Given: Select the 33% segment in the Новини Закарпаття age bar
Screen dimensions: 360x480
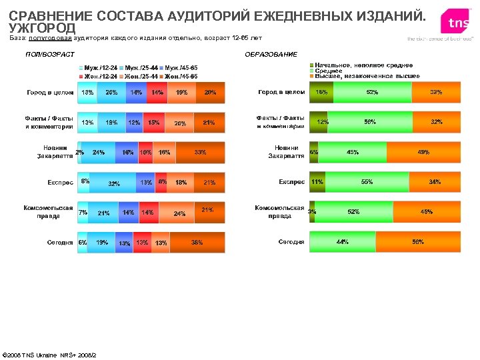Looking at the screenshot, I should click(199, 153).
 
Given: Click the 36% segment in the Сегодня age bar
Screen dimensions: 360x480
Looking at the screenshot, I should click(197, 243).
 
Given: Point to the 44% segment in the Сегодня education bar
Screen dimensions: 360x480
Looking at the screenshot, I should click(342, 242).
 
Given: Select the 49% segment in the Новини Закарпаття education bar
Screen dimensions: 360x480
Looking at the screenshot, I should click(423, 152).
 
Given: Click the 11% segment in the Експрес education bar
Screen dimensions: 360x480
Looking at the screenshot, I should click(317, 181).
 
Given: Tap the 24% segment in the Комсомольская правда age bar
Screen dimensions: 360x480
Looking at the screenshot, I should click(179, 213).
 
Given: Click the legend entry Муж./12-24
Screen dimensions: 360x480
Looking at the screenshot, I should click(99, 68).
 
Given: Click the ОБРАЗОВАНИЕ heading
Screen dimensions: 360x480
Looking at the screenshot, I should click(271, 53).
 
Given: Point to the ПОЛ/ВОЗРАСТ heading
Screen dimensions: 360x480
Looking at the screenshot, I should click(49, 53).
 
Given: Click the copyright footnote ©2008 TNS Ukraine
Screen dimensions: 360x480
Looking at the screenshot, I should click(50, 353).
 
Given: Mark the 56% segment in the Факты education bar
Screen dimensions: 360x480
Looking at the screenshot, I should click(369, 122).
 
